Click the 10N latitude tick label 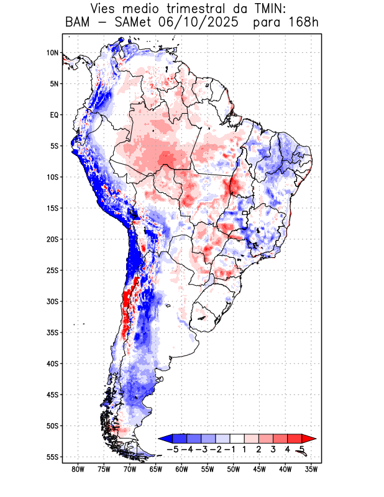click(x=53, y=53)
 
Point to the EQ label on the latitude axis click(x=54, y=115)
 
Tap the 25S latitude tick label click(x=53, y=270)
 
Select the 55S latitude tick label click(x=53, y=457)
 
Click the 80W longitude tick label click(x=78, y=470)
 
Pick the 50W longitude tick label click(x=234, y=470)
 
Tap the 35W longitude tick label click(x=311, y=470)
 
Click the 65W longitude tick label click(x=156, y=470)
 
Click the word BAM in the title click(x=77, y=23)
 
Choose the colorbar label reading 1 click(x=245, y=449)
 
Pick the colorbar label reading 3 click(x=273, y=449)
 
